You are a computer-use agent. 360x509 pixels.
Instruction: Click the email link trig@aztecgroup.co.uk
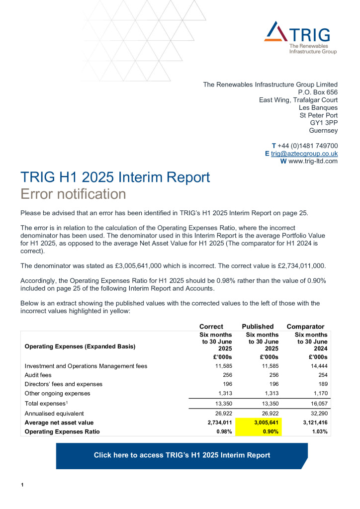click(x=304, y=153)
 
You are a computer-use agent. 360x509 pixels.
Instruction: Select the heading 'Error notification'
click(x=73, y=193)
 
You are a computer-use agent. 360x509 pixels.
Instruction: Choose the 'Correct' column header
click(x=211, y=327)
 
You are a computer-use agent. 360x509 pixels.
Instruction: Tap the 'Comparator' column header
click(x=305, y=327)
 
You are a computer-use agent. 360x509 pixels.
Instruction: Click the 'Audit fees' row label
click(x=39, y=375)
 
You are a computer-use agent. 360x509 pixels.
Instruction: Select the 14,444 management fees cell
click(x=318, y=366)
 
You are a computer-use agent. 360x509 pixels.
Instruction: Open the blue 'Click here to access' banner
click(x=181, y=455)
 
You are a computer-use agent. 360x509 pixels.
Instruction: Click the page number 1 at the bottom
click(x=22, y=485)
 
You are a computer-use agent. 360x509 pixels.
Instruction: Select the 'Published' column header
click(x=258, y=327)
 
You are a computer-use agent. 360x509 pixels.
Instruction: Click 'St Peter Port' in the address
click(x=318, y=115)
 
